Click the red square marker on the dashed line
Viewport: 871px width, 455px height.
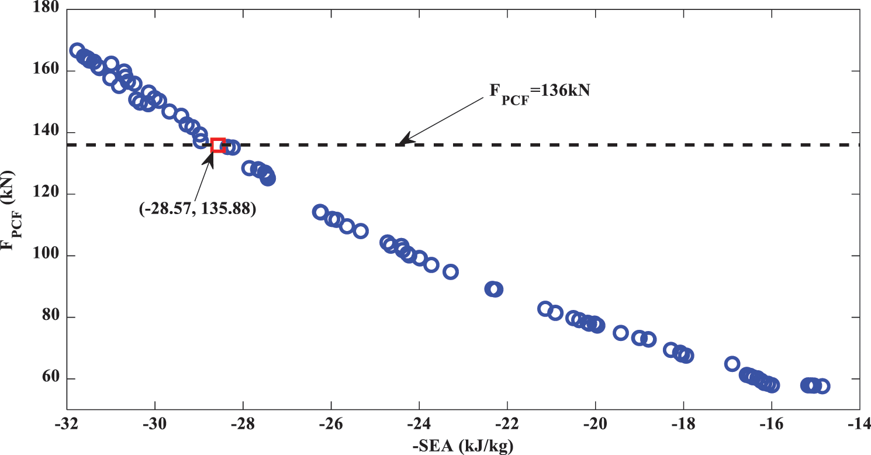tap(218, 145)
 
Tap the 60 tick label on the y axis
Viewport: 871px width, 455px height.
tap(50, 379)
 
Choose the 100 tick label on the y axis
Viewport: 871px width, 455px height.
tap(47, 256)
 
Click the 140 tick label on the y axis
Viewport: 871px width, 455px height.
tap(47, 133)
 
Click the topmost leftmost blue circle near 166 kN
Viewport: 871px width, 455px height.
tap(77, 51)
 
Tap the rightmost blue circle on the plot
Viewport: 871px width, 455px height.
tap(822, 386)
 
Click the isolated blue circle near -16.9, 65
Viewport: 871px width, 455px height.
tap(732, 364)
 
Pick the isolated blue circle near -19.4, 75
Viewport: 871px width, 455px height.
tap(621, 333)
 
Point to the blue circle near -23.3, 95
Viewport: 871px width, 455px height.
tap(450, 271)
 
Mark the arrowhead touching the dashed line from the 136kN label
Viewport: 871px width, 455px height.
tap(402, 141)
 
